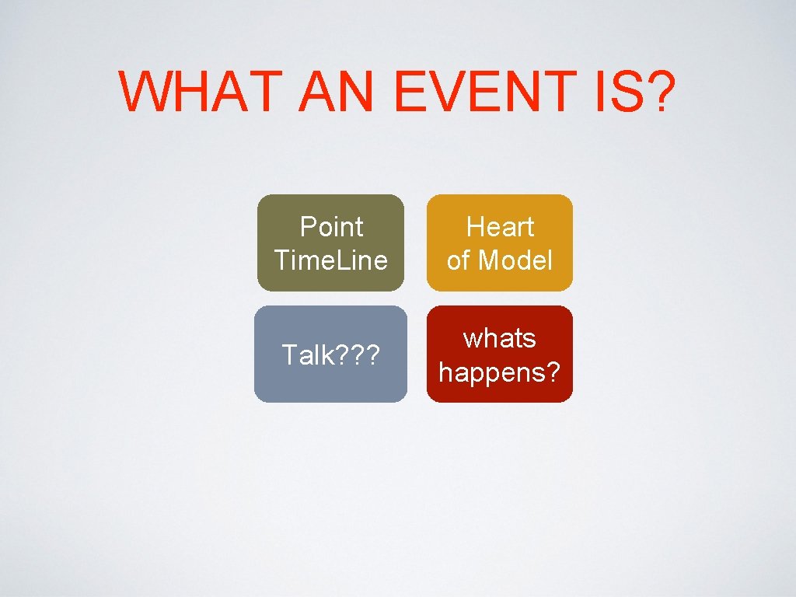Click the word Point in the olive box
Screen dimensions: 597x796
click(331, 227)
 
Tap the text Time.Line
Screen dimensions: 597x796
click(331, 260)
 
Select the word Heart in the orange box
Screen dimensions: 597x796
click(500, 227)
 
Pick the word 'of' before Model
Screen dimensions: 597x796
click(459, 260)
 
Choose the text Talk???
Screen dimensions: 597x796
click(330, 355)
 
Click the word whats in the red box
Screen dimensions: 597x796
click(500, 338)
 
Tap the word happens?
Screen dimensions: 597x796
click(500, 372)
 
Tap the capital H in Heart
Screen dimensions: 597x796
click(473, 227)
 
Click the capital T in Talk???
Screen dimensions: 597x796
click(288, 355)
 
